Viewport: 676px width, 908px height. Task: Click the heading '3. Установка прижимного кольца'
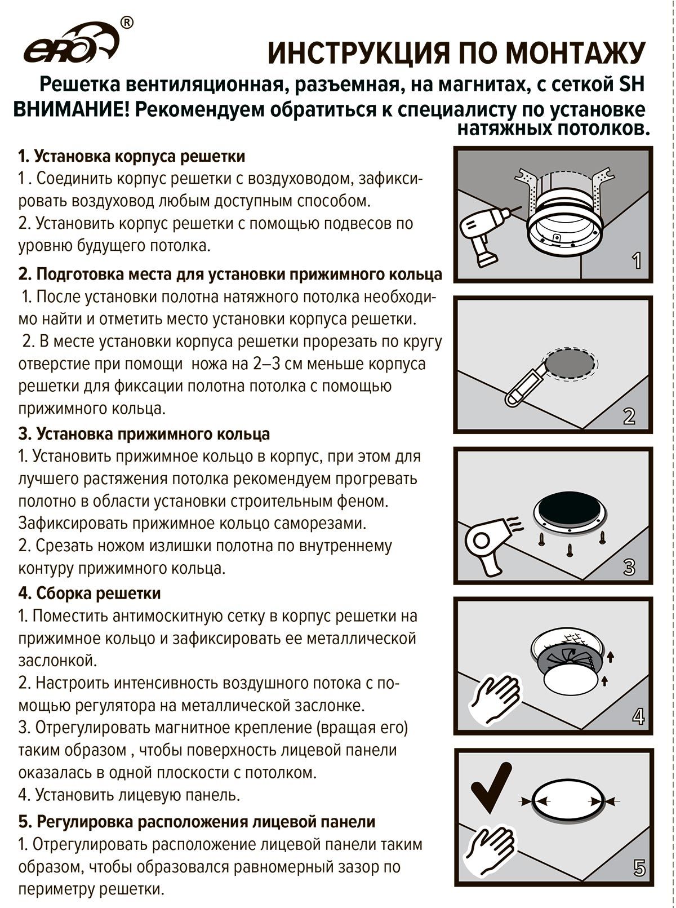click(x=144, y=434)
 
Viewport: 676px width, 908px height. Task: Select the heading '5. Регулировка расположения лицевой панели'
click(x=197, y=822)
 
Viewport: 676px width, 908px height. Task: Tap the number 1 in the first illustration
click(x=637, y=261)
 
